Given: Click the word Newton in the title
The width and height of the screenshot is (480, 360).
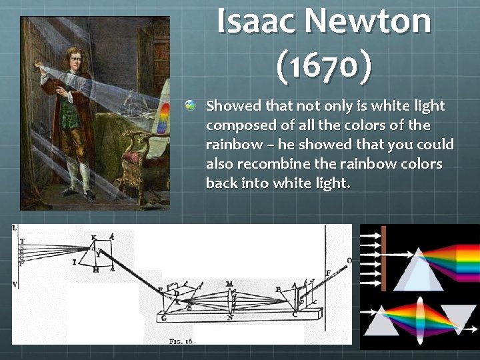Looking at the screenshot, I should pyautogui.click(x=371, y=21).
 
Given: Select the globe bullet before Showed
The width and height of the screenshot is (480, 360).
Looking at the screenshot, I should pyautogui.click(x=191, y=105).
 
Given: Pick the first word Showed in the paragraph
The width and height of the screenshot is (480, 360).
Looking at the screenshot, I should pyautogui.click(x=233, y=105).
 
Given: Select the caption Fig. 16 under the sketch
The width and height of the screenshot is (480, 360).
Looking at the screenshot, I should pyautogui.click(x=181, y=341).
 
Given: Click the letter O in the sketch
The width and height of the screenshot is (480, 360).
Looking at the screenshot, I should pyautogui.click(x=349, y=261).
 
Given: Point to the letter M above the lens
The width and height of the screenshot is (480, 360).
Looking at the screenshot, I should pyautogui.click(x=229, y=285).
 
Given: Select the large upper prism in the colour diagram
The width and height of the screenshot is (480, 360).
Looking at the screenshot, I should pyautogui.click(x=418, y=270).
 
